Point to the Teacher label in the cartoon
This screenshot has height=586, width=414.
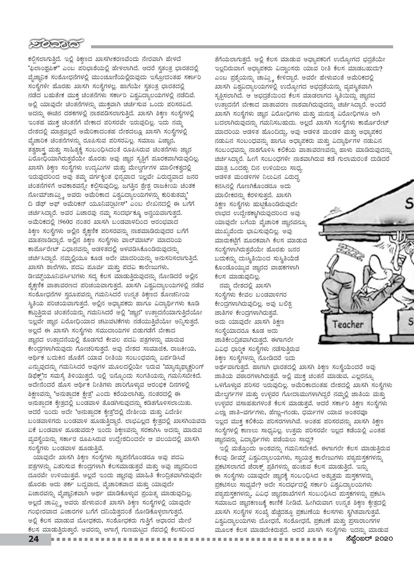(348, 325)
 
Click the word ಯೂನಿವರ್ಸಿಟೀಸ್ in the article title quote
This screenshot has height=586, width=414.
(107, 204)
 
